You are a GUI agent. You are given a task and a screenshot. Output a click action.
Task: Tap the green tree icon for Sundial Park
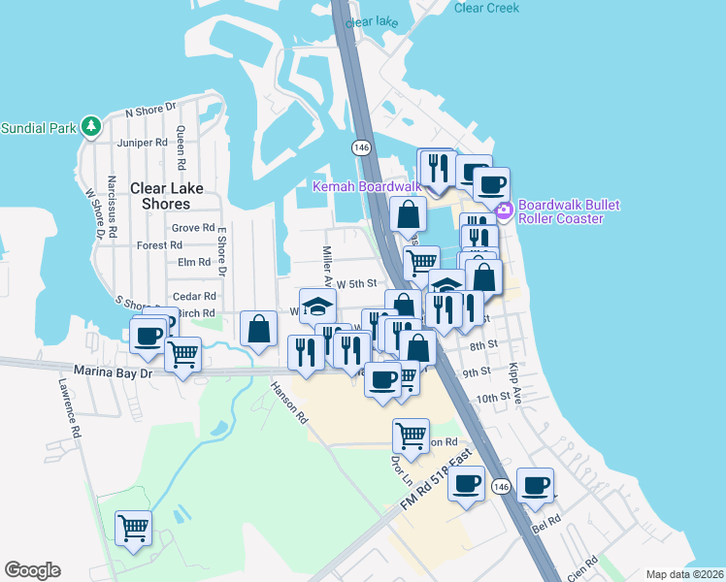tap(91, 126)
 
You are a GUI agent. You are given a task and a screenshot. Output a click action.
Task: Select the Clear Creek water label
tap(486, 8)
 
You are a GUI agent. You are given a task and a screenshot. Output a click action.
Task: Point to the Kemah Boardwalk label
tap(365, 185)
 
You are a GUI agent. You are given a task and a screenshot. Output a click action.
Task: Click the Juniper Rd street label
tap(142, 143)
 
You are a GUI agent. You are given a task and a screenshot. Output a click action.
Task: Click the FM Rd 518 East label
tap(435, 480)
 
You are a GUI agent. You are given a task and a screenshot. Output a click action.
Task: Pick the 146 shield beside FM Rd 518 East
tap(500, 486)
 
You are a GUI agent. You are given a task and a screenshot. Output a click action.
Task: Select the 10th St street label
tap(492, 398)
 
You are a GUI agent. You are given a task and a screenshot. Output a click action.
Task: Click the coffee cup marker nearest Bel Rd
tap(534, 484)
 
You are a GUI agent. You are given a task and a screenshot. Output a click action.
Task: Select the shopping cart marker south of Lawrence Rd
tap(133, 528)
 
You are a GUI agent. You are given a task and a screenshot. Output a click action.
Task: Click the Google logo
tap(32, 569)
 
